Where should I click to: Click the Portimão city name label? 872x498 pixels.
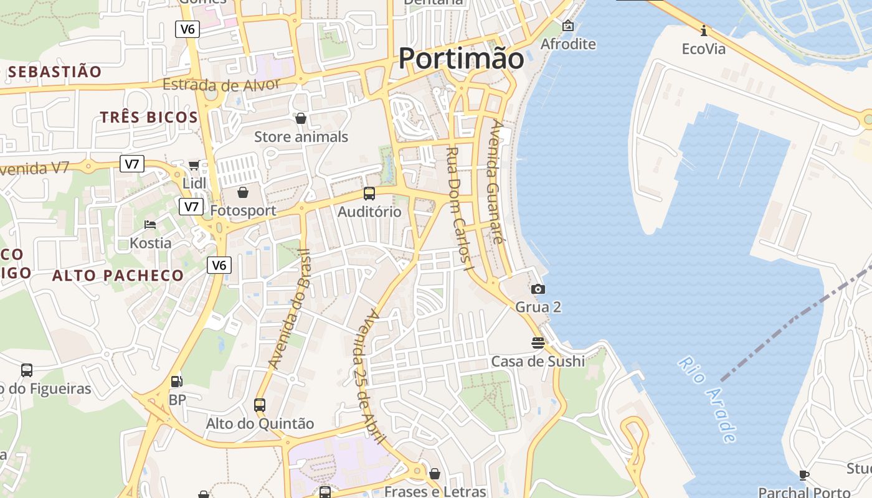[461, 59]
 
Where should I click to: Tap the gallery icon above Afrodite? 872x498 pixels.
[568, 26]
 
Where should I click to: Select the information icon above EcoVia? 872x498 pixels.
[704, 31]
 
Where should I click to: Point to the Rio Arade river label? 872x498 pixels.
[708, 399]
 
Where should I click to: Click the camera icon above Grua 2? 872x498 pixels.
[538, 289]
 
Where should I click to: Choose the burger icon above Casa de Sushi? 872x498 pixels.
[538, 342]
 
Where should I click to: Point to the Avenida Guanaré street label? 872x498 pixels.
[496, 181]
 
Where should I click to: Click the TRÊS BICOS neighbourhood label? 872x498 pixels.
[149, 117]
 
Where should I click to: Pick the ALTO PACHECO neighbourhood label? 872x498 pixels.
[118, 275]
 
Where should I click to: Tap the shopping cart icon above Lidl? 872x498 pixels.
[194, 165]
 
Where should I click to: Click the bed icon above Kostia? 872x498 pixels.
[150, 224]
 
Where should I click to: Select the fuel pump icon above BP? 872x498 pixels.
[177, 381]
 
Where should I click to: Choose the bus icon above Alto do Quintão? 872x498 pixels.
[260, 405]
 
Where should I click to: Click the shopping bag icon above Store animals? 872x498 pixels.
[301, 118]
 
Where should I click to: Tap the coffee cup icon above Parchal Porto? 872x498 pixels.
[804, 475]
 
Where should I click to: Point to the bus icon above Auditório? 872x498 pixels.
[369, 194]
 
